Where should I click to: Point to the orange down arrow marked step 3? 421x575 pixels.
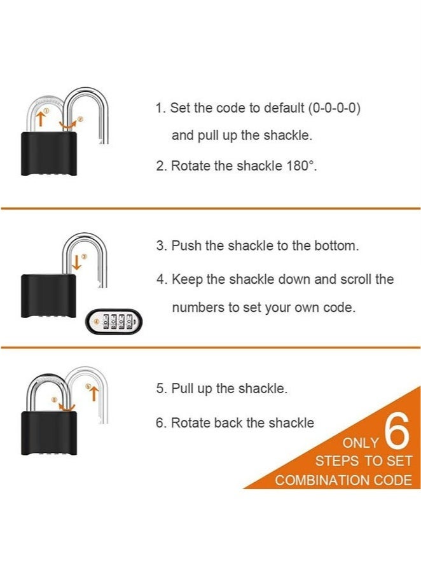pyautogui.click(x=77, y=261)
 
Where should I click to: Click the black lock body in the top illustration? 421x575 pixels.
pyautogui.click(x=50, y=154)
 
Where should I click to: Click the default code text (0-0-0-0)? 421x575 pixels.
pyautogui.click(x=335, y=108)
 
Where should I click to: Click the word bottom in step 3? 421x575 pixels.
pyautogui.click(x=336, y=246)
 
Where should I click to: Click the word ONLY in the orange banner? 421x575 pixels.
pyautogui.click(x=361, y=443)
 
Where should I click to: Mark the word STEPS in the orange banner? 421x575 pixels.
pyautogui.click(x=337, y=461)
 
